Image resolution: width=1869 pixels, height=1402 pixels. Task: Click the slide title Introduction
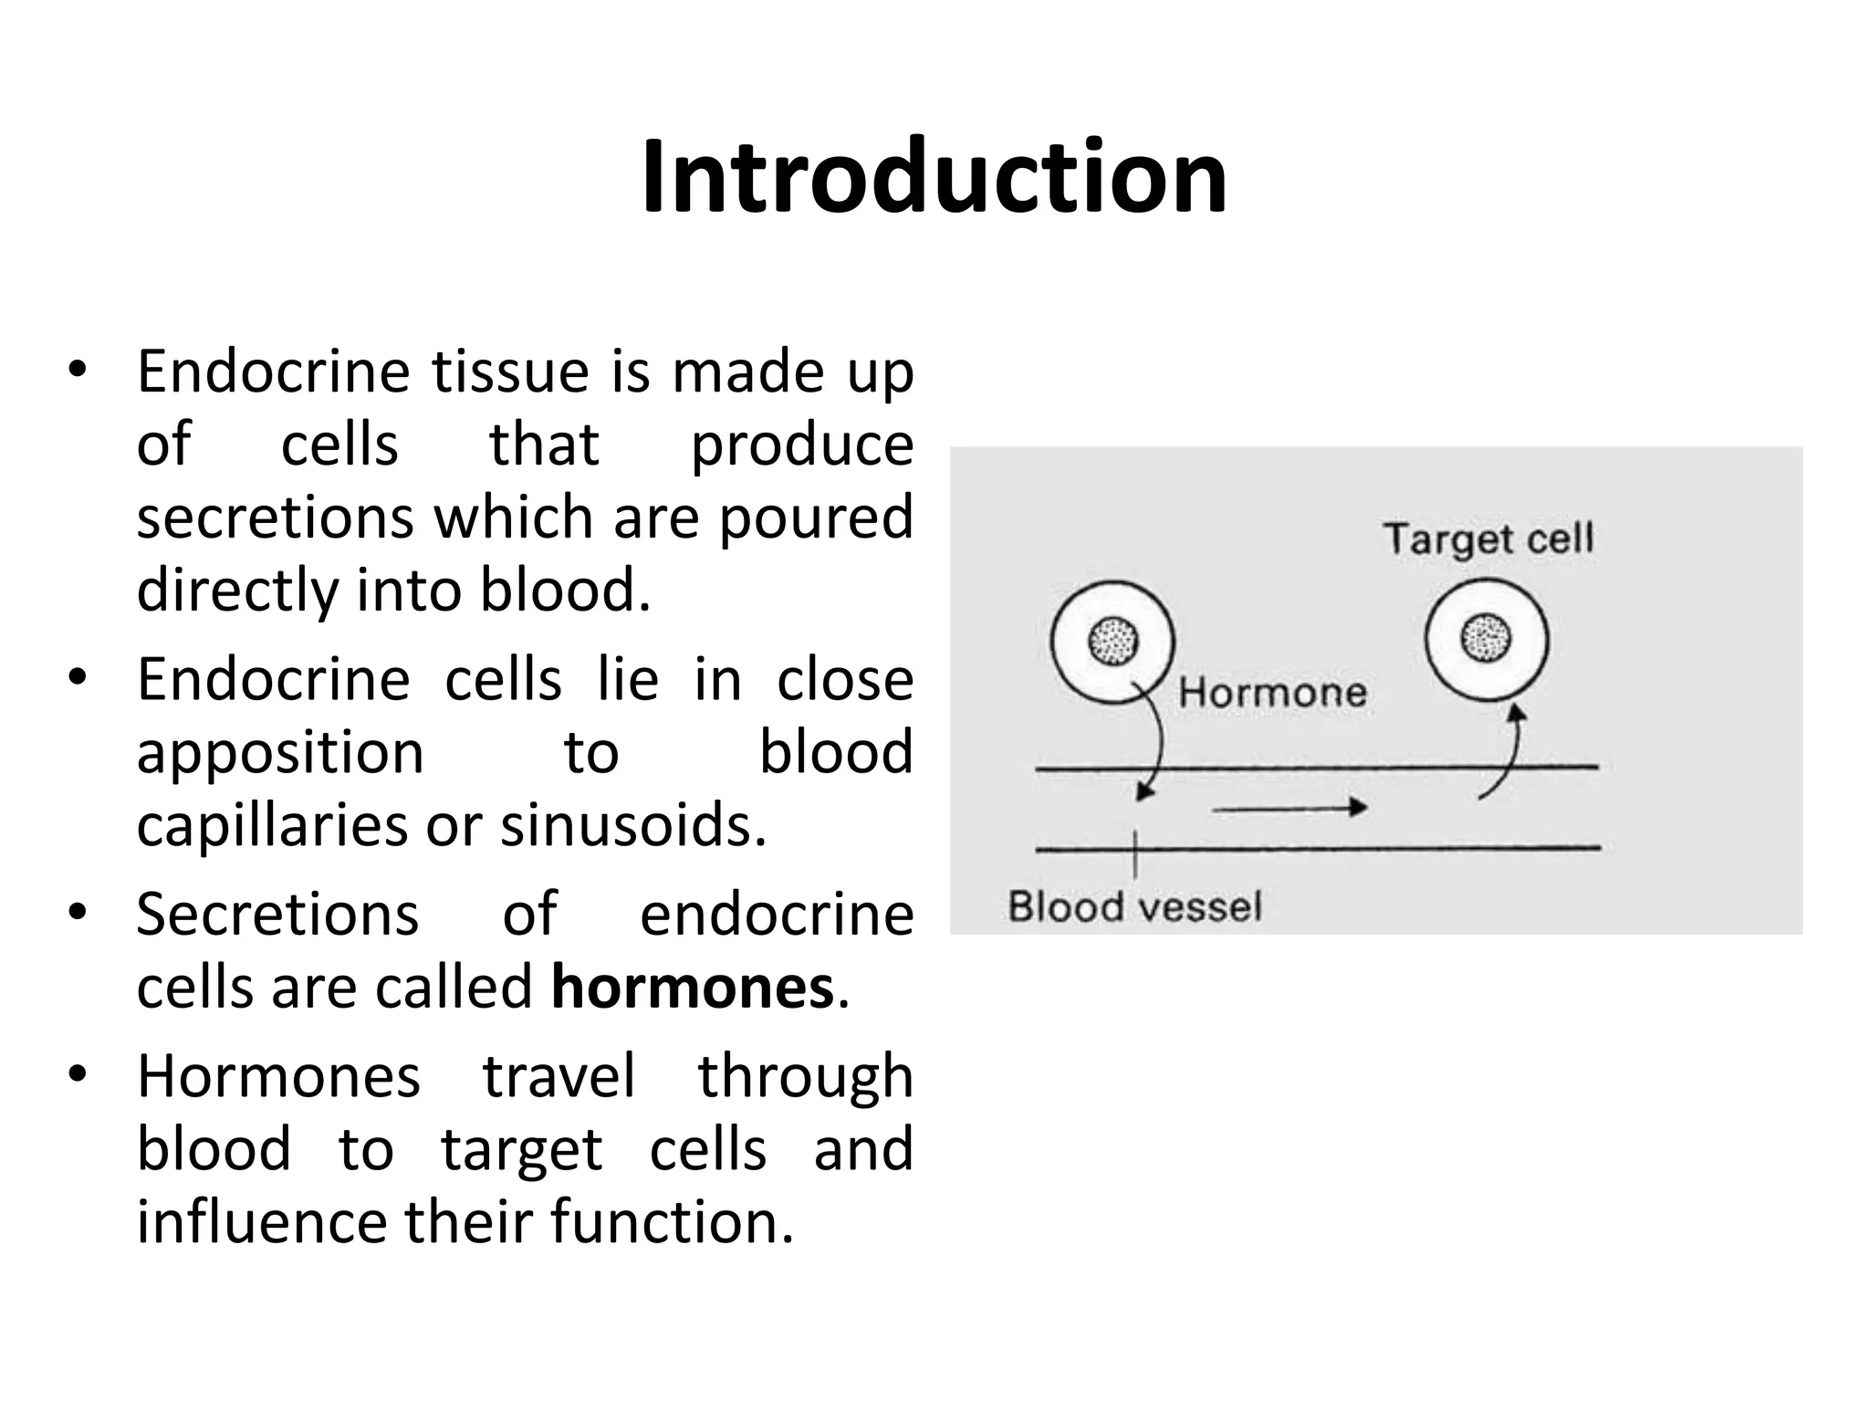coord(934,177)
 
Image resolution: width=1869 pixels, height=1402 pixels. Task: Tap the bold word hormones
coord(693,988)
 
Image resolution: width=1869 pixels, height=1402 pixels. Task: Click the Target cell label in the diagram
coord(1488,539)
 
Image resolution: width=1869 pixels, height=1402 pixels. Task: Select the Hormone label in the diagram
coord(1272,693)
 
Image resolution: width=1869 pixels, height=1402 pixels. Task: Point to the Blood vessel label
coord(1134,907)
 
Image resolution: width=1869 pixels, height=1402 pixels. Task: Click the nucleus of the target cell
coord(1486,637)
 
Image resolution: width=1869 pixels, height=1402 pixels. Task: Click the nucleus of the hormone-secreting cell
coord(1112,641)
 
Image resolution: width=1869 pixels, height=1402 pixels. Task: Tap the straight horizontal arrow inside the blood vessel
coord(1289,808)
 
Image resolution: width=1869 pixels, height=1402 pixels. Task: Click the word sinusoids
coord(632,825)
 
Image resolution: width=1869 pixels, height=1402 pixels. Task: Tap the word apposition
coord(280,753)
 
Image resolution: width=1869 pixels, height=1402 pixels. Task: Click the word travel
coord(559,1076)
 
